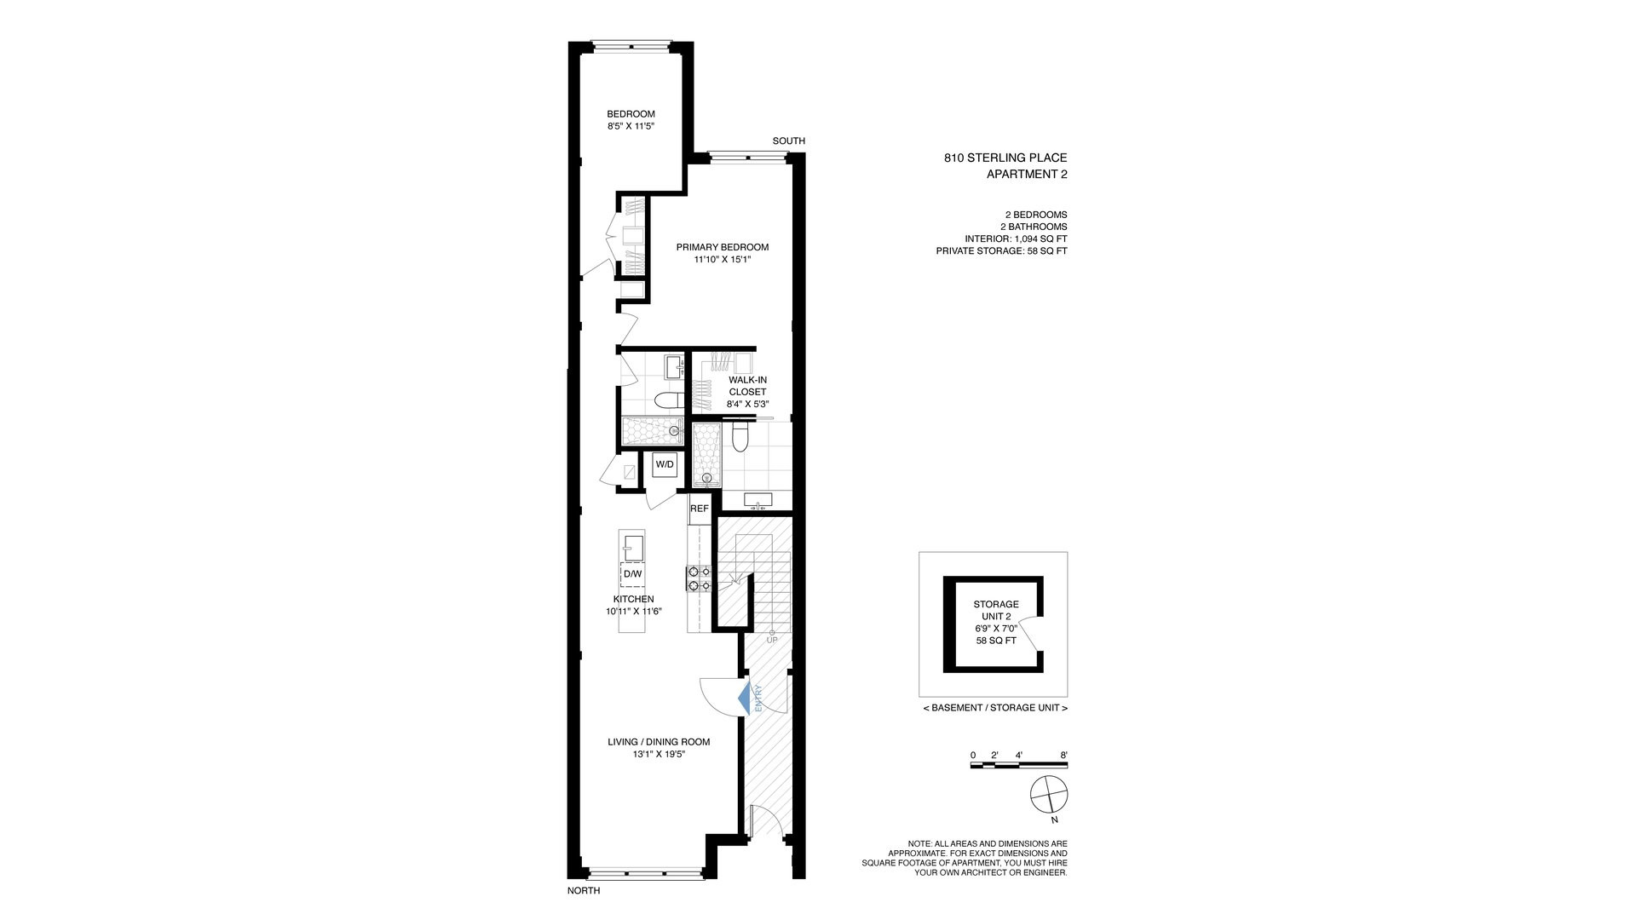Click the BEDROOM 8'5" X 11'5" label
[631, 120]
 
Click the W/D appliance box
[665, 465]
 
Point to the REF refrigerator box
[699, 509]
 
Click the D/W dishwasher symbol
[632, 574]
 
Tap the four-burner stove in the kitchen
[699, 578]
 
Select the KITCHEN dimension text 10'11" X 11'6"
[633, 612]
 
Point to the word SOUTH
[788, 141]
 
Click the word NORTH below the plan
[584, 891]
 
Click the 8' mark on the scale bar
[1063, 756]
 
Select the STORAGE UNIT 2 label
[996, 610]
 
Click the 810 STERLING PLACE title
[1005, 158]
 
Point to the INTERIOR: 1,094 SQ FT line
[1016, 239]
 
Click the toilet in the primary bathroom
[740, 438]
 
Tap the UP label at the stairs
[772, 640]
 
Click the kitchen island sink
[632, 546]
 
